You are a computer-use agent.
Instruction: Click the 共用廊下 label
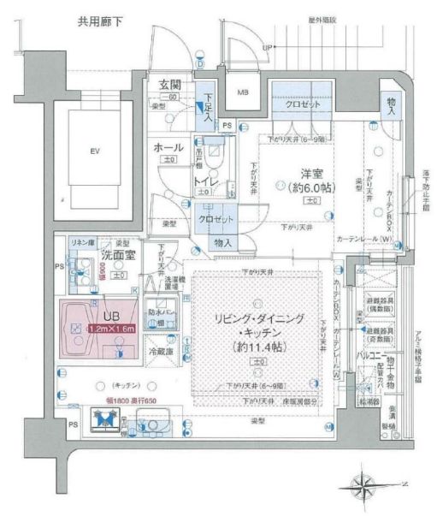click(x=99, y=20)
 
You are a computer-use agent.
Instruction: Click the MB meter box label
click(x=243, y=92)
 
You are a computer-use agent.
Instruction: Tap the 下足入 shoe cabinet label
click(x=206, y=109)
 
